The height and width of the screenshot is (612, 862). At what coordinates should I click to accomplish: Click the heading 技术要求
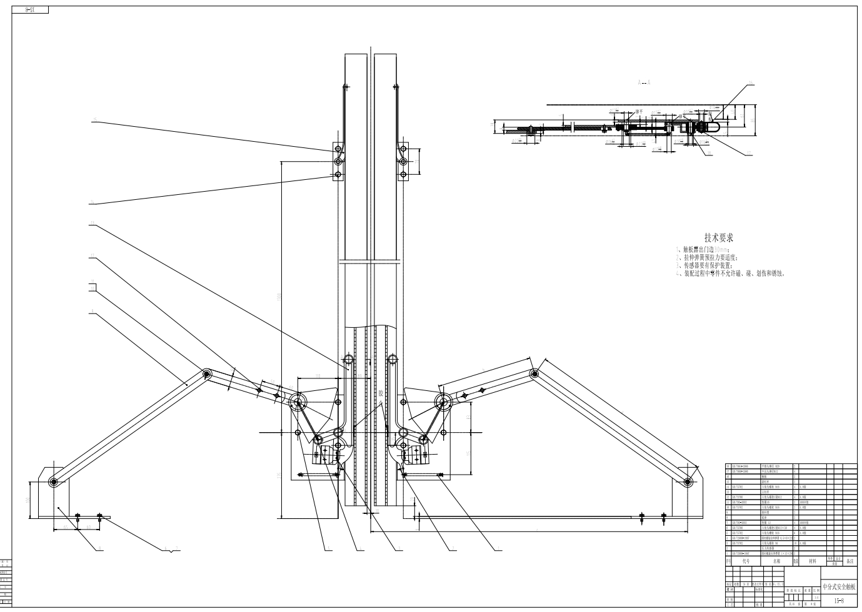click(x=718, y=237)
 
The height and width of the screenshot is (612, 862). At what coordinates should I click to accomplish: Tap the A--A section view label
click(x=644, y=82)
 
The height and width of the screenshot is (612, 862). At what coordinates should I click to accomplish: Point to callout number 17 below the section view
click(x=749, y=152)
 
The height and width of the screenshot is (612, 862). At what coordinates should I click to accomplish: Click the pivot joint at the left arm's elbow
click(x=206, y=374)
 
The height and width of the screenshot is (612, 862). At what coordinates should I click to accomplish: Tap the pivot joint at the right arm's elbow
click(x=534, y=373)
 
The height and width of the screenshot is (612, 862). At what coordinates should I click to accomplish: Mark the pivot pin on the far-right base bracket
click(x=688, y=481)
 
